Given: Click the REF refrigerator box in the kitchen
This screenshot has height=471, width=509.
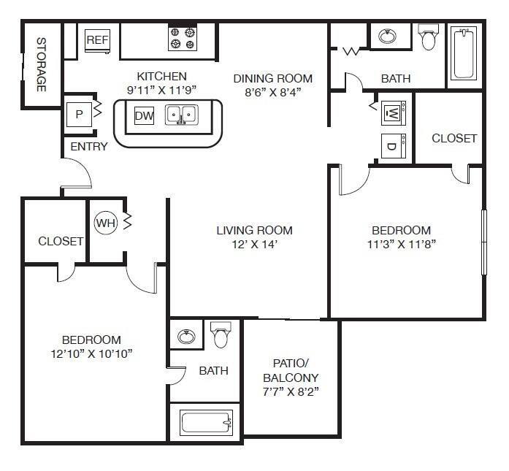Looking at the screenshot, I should [x=97, y=39].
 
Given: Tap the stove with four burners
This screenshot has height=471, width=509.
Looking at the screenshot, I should [x=183, y=39].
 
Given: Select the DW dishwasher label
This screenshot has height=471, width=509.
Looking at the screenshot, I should [x=144, y=115].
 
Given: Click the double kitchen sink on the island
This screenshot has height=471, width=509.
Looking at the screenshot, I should [x=181, y=115].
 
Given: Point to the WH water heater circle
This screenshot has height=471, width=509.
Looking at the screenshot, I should [x=106, y=221].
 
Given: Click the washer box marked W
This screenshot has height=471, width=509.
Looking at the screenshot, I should [x=391, y=113].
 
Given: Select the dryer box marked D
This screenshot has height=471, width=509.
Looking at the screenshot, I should [x=391, y=145].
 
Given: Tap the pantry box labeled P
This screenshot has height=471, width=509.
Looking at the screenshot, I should [x=78, y=114].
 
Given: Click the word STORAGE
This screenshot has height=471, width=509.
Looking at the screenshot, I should [x=42, y=65].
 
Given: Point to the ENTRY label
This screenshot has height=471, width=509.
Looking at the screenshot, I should [x=89, y=146].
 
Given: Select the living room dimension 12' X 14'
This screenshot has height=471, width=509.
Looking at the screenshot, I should [x=254, y=245].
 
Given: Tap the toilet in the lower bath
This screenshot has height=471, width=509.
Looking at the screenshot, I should [x=221, y=336].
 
